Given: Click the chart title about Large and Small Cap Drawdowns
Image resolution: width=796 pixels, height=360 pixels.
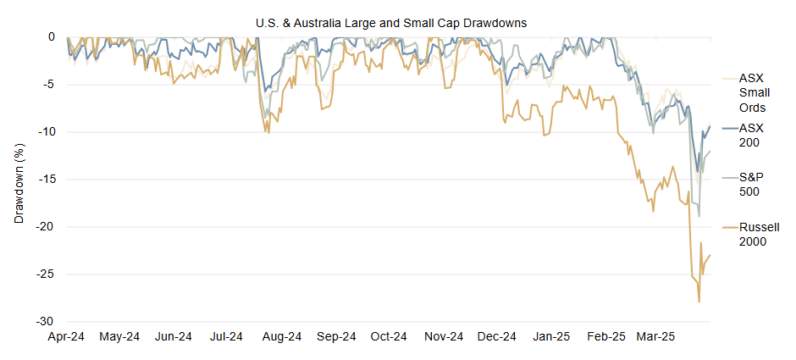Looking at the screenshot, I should [391, 23].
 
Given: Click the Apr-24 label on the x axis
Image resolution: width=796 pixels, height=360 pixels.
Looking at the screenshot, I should [65, 336].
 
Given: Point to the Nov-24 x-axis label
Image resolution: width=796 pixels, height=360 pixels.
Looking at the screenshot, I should [443, 336].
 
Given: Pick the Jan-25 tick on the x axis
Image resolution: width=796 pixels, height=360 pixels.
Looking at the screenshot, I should [551, 336].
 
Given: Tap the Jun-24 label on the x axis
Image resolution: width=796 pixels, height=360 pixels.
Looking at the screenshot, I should [173, 336].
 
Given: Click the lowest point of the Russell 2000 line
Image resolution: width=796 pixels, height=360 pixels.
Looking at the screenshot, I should [699, 302].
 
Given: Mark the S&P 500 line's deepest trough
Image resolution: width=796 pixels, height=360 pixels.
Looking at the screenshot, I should [699, 216].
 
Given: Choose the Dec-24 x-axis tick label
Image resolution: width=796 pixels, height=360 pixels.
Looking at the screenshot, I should [497, 336].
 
